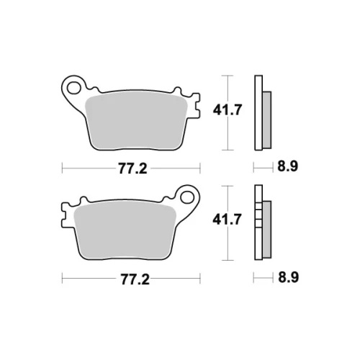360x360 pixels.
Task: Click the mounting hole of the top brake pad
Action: tap(73, 88)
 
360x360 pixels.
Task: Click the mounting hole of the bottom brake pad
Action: tap(187, 197)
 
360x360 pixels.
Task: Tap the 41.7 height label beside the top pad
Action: tap(228, 110)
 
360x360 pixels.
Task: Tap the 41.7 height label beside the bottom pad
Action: tap(227, 220)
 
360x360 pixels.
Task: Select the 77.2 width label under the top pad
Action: tap(132, 168)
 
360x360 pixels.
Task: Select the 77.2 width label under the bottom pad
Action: tap(135, 279)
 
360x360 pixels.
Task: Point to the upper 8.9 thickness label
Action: tap(288, 166)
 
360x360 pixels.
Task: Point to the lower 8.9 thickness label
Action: tap(288, 277)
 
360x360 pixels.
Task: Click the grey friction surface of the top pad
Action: tap(136, 121)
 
